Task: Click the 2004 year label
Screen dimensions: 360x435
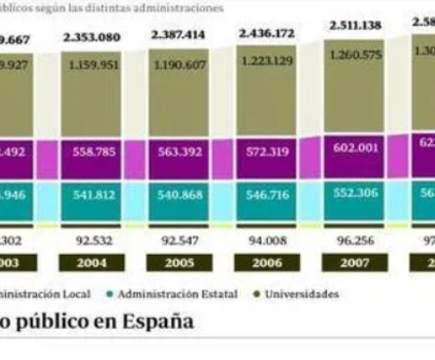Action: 91,263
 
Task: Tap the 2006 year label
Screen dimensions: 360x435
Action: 267,263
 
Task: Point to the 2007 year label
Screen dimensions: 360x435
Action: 354,263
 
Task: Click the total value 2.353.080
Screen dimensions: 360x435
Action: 92,38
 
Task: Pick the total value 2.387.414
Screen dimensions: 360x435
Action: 178,35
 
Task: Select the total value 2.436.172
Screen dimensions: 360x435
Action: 266,34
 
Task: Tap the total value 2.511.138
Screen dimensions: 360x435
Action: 355,25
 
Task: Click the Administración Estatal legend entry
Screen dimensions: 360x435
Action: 177,294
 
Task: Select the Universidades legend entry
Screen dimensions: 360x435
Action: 301,294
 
